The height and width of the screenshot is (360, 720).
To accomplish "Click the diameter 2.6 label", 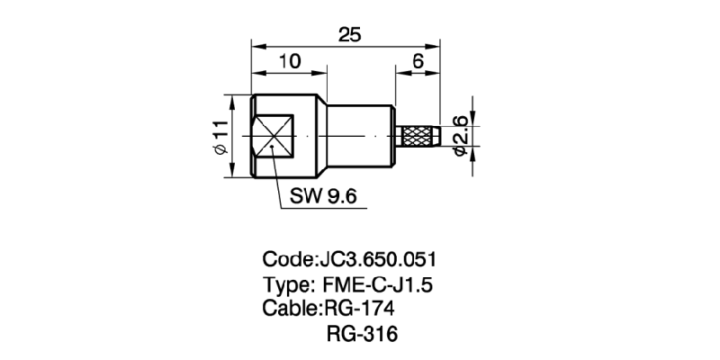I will (x=462, y=136).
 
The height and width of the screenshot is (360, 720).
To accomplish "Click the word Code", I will (x=285, y=261).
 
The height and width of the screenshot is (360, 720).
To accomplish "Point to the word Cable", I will (x=288, y=310).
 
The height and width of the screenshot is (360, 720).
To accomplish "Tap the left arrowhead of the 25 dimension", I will (x=256, y=45).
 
